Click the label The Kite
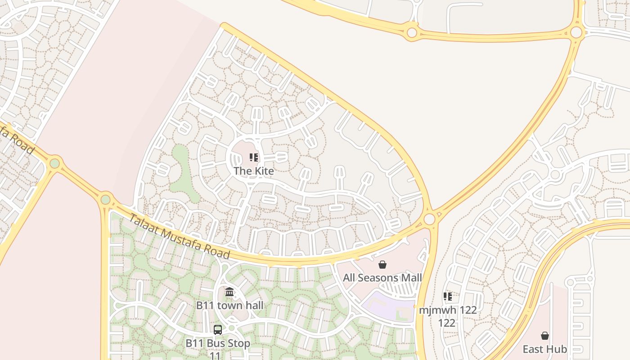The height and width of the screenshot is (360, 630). (x=253, y=171)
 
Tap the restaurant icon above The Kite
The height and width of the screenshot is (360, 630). (x=254, y=157)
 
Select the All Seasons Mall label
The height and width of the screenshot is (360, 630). (x=382, y=278)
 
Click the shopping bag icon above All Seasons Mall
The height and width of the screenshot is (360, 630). (x=382, y=265)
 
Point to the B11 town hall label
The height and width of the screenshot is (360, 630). (x=229, y=305)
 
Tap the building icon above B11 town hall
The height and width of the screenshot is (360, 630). (x=229, y=292)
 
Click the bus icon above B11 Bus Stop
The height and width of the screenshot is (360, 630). (x=218, y=330)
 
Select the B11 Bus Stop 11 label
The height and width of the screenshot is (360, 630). (x=218, y=349)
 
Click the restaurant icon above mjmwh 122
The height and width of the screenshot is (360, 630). (x=448, y=297)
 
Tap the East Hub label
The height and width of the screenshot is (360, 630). (x=544, y=349)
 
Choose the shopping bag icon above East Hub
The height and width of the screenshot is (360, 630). (x=545, y=336)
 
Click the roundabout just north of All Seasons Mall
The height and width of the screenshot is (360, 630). (x=430, y=219)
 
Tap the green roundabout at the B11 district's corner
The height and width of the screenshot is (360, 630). (x=106, y=199)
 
